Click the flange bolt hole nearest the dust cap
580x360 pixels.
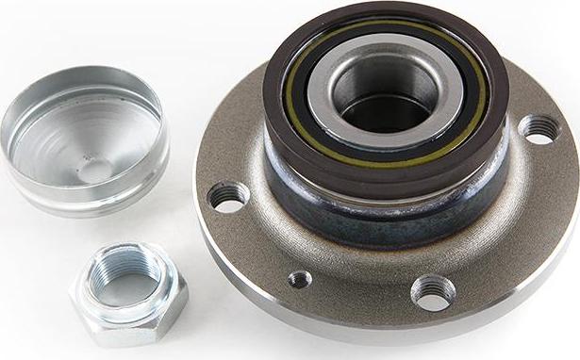pyautogui.click(x=228, y=196)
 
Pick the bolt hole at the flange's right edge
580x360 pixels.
pyautogui.click(x=539, y=129)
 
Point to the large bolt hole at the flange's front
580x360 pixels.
pyautogui.click(x=433, y=291)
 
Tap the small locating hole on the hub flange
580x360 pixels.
pyautogui.click(x=300, y=279)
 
